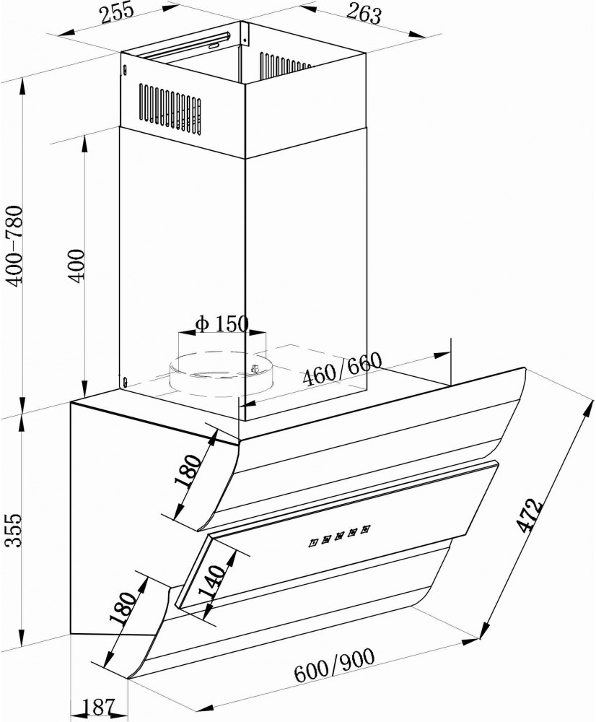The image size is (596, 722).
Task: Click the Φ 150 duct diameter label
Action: pyautogui.click(x=222, y=323)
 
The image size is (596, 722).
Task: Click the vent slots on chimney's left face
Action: pyautogui.click(x=170, y=108)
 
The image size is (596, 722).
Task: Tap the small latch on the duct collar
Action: pyautogui.click(x=255, y=370)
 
